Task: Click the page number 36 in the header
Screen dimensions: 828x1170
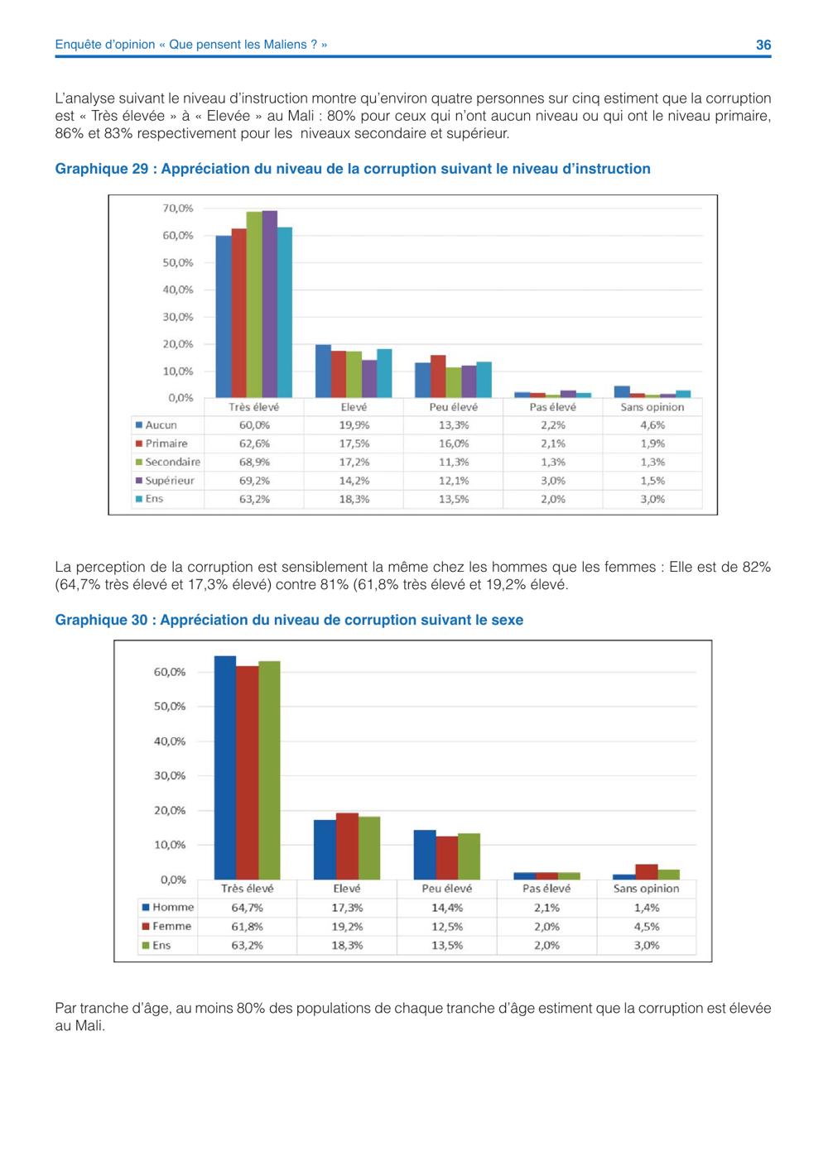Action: pyautogui.click(x=763, y=45)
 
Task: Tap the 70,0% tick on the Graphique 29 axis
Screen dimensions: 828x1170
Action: pyautogui.click(x=178, y=209)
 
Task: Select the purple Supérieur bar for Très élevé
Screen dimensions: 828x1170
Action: pyautogui.click(x=270, y=304)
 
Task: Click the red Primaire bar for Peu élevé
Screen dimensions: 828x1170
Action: pyautogui.click(x=438, y=376)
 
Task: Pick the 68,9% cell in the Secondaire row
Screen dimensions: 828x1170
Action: pyautogui.click(x=254, y=463)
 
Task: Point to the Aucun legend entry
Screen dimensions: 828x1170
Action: pyautogui.click(x=156, y=425)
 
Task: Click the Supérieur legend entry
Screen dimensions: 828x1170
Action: pyautogui.click(x=165, y=481)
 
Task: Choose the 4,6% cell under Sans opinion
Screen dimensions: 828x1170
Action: pyautogui.click(x=652, y=425)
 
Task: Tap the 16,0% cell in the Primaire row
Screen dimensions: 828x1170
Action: pyautogui.click(x=454, y=444)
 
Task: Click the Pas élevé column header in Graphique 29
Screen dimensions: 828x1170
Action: pyautogui.click(x=552, y=407)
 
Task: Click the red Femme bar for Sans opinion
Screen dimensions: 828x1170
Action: pyautogui.click(x=647, y=872)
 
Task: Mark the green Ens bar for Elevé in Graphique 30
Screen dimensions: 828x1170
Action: pyautogui.click(x=369, y=848)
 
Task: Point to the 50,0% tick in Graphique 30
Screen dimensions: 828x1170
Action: pyautogui.click(x=170, y=706)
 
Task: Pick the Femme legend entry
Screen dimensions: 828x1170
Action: pyautogui.click(x=166, y=926)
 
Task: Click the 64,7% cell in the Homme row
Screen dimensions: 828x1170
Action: pyautogui.click(x=247, y=908)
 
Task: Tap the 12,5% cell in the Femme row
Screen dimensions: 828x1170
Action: pyautogui.click(x=447, y=927)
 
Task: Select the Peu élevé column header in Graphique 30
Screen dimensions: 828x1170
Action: pyautogui.click(x=447, y=889)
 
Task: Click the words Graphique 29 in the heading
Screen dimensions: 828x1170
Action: pyautogui.click(x=101, y=169)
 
